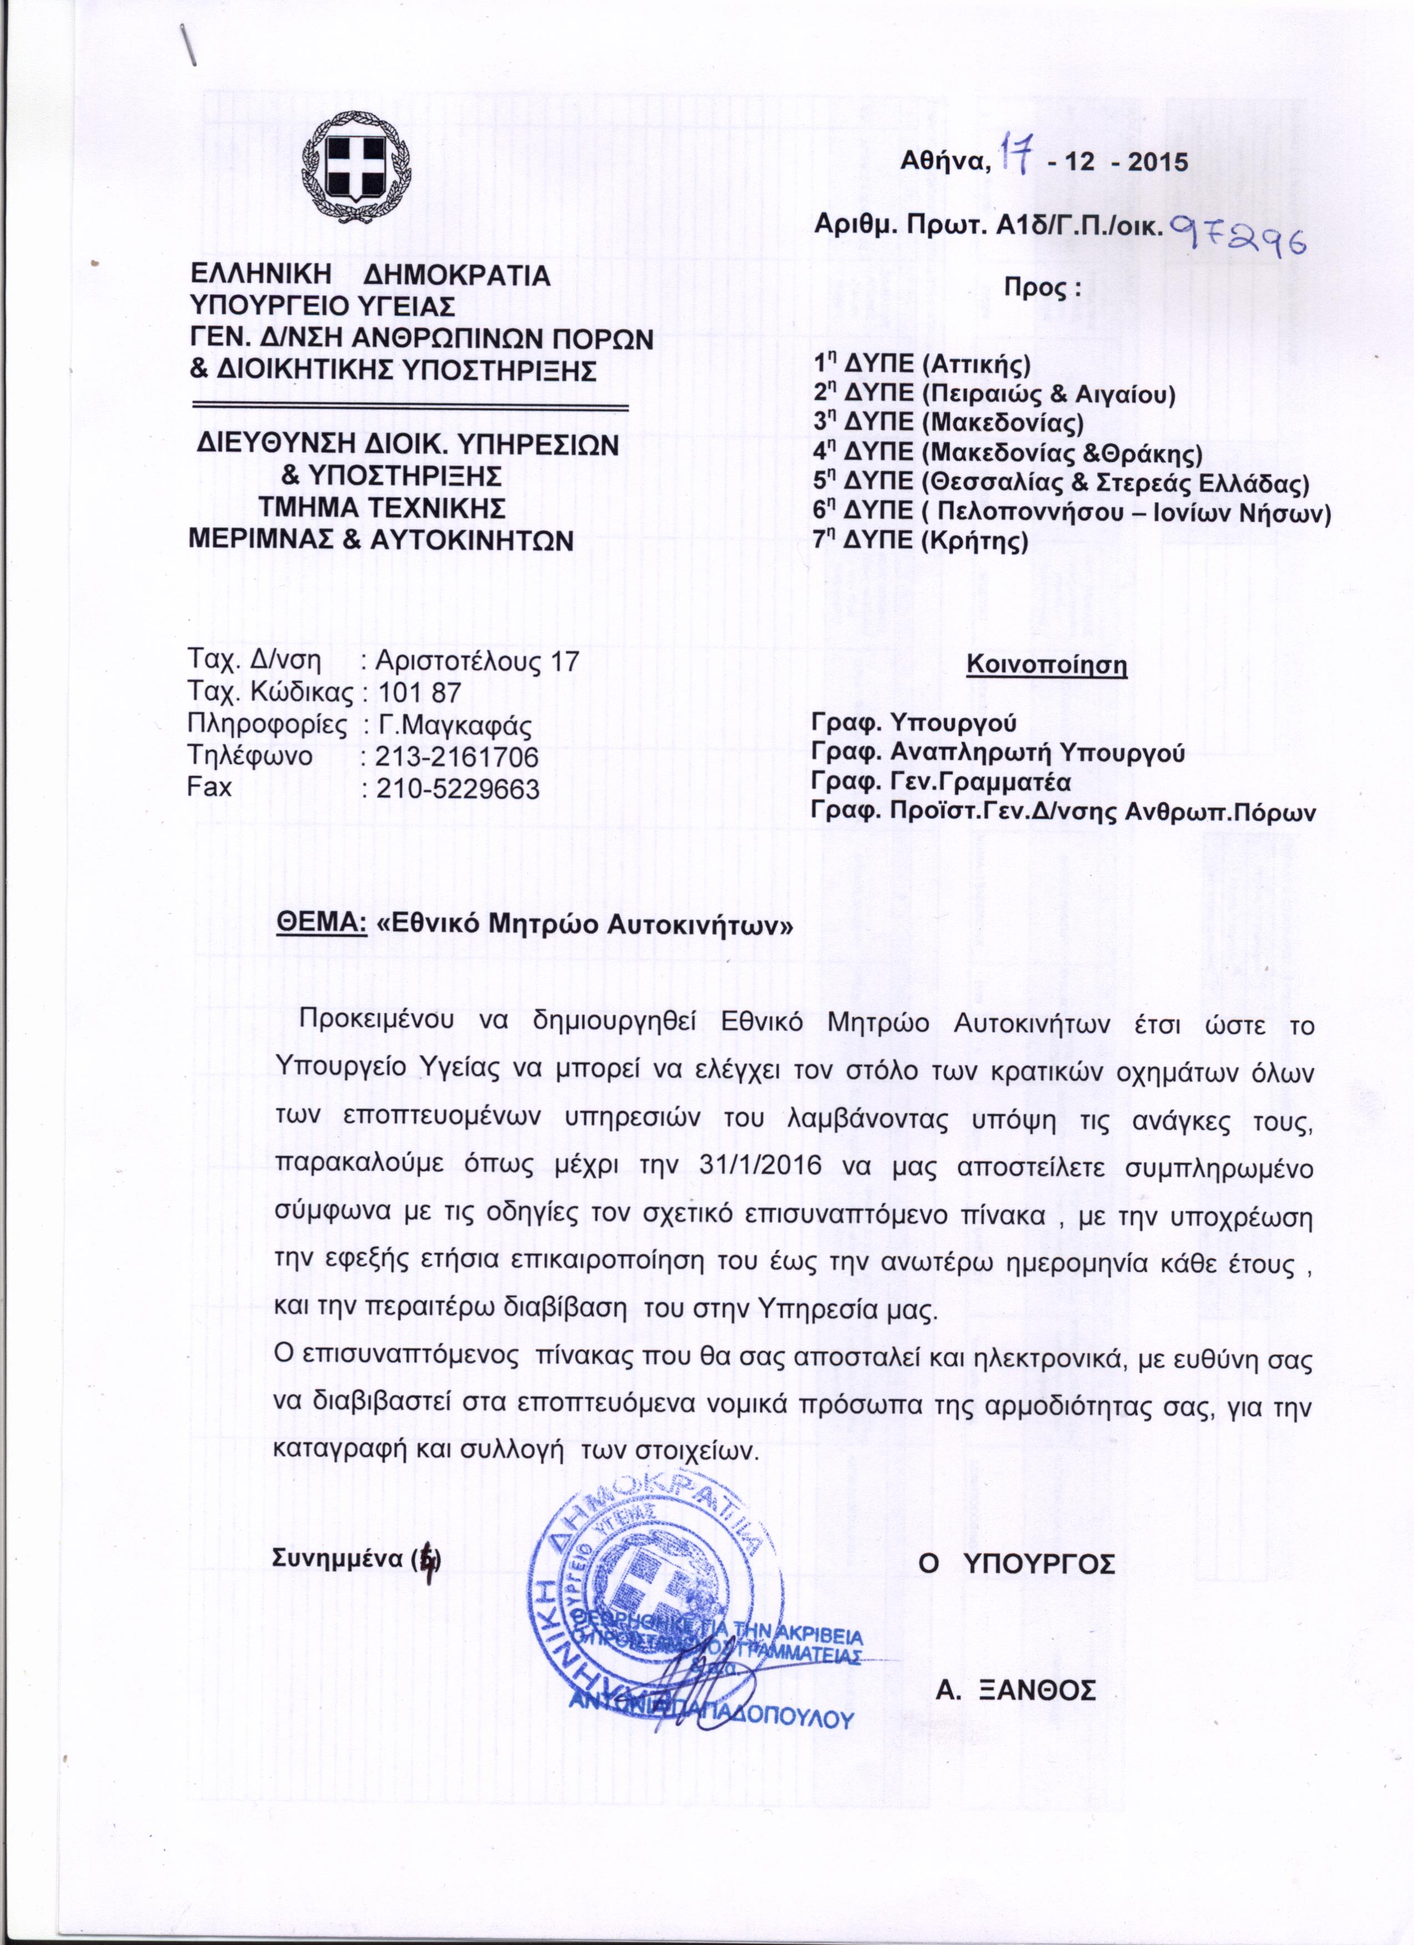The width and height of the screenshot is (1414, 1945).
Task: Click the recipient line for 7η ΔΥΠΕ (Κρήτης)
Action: [x=920, y=540]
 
